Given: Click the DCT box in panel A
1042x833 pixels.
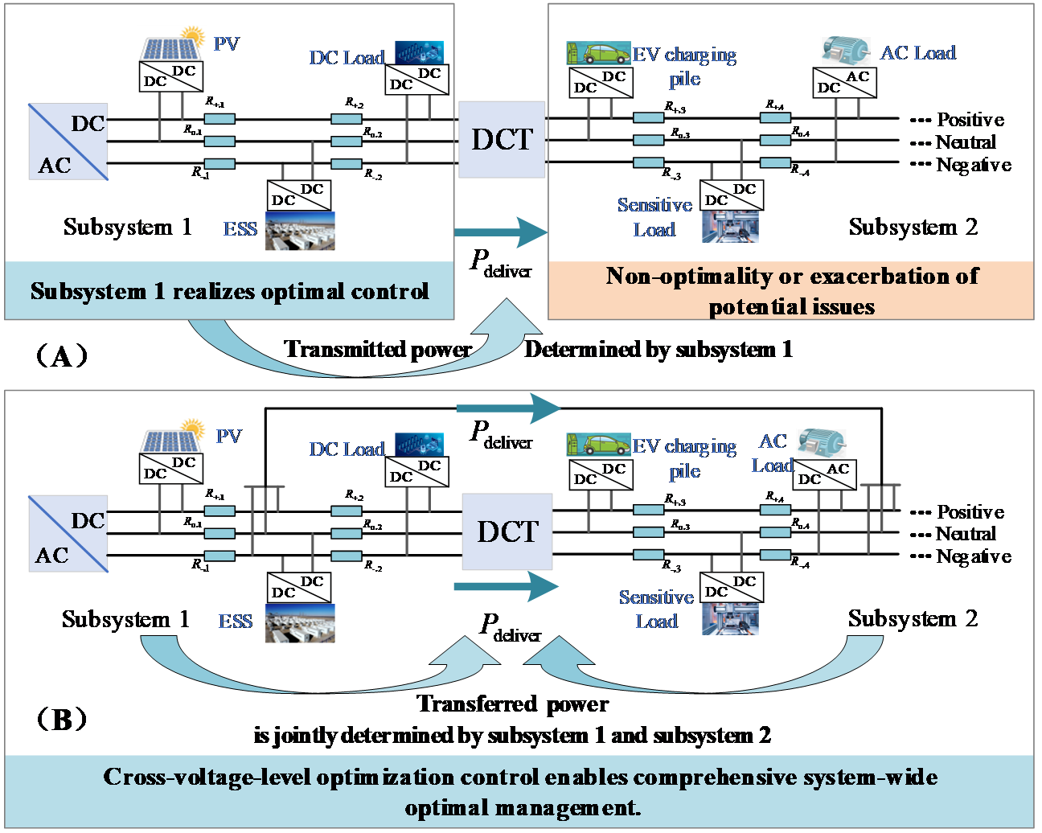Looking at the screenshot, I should (x=502, y=139).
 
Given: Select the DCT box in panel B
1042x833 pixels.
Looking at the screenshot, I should (x=507, y=531).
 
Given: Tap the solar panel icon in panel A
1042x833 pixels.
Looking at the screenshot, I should (x=170, y=43).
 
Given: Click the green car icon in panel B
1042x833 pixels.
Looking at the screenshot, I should (x=599, y=445).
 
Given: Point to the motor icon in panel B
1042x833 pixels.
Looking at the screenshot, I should (x=821, y=442).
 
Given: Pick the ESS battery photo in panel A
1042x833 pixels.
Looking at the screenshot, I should (x=300, y=231).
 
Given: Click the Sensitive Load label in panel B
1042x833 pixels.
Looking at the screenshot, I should (x=656, y=609).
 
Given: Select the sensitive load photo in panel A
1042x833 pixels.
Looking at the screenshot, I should (x=730, y=226).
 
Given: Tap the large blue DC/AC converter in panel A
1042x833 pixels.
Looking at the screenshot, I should (x=68, y=142).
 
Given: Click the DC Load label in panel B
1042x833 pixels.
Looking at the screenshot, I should (x=347, y=449).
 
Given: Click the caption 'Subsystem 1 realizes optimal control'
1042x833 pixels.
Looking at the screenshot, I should (x=229, y=291).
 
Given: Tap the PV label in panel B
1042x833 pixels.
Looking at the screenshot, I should (x=229, y=437).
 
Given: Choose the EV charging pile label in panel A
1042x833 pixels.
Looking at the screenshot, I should (x=684, y=67).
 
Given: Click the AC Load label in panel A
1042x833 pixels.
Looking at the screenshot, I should (x=917, y=53).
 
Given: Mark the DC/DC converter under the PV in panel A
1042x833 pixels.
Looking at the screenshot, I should (x=170, y=76).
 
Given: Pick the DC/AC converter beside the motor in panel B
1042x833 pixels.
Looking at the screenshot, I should (x=825, y=474).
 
